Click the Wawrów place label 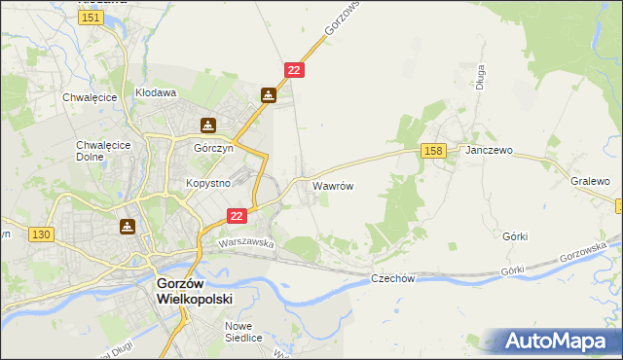pyautogui.click(x=332, y=184)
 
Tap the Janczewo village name pyautogui.click(x=489, y=152)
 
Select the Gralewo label pyautogui.click(x=590, y=181)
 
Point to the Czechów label pyautogui.click(x=393, y=278)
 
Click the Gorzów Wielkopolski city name pyautogui.click(x=196, y=291)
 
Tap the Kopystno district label pyautogui.click(x=207, y=183)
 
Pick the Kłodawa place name pyautogui.click(x=155, y=93)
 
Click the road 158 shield pyautogui.click(x=434, y=150)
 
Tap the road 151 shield pyautogui.click(x=92, y=18)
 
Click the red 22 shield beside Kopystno pyautogui.click(x=237, y=215)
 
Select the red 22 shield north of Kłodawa pyautogui.click(x=295, y=69)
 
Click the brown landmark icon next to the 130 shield pyautogui.click(x=127, y=227)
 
